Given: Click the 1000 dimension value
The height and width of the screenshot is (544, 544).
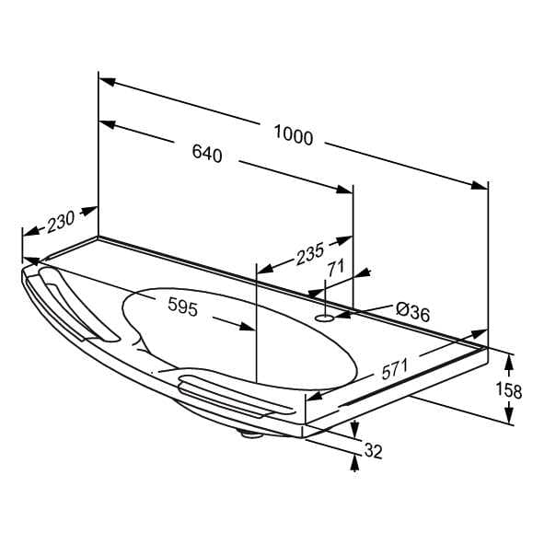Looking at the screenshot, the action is point(293,135).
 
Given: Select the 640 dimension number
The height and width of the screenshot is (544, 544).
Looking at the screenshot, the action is point(207,153).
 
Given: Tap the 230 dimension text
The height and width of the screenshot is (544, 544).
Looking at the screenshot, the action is point(61,221).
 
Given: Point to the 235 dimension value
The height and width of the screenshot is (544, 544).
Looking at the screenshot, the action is point(310,253).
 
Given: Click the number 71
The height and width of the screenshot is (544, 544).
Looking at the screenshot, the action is point(336,268).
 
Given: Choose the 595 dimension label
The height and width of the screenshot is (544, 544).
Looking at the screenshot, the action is point(183,307).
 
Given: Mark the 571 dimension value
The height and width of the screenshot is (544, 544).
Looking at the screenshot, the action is point(395,369).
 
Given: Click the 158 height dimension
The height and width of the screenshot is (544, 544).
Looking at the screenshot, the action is point(509,389).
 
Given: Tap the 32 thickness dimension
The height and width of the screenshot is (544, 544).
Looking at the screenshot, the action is point(374,451).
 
